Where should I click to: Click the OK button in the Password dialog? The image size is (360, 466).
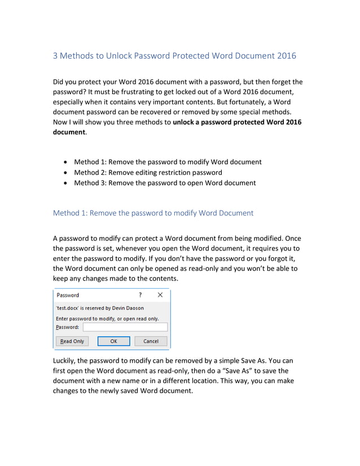[113, 341]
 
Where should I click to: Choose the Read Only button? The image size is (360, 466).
[72, 341]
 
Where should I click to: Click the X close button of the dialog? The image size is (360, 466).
[160, 294]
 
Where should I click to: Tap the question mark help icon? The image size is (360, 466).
[140, 294]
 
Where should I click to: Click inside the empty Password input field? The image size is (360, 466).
[125, 327]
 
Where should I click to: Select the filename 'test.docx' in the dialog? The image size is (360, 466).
[68, 308]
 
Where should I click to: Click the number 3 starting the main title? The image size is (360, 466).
[55, 56]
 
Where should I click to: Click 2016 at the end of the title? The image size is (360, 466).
[287, 56]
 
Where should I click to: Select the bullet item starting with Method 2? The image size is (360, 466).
[148, 172]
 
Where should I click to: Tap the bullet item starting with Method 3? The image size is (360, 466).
[165, 183]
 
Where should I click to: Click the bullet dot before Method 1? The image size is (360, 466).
[68, 162]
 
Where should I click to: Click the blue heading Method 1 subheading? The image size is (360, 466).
[153, 213]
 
